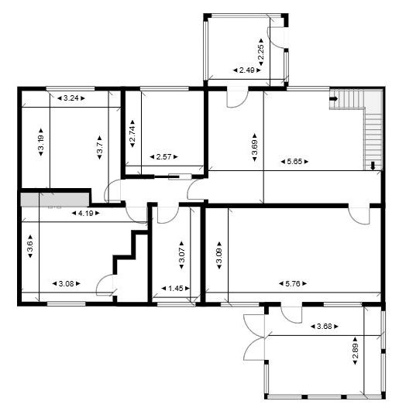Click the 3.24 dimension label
[71, 98]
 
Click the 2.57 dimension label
[163, 157]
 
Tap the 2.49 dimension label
[247, 70]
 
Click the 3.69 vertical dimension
[255, 146]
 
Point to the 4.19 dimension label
[83, 213]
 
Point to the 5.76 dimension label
[294, 283]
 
